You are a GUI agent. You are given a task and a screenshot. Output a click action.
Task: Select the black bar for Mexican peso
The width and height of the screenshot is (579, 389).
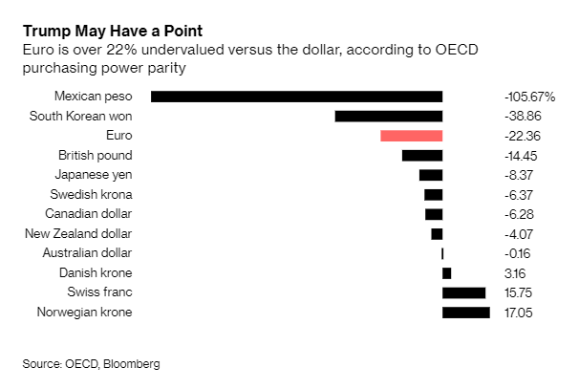tap(296, 97)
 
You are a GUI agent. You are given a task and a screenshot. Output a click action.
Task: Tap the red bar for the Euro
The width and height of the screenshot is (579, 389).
tap(411, 136)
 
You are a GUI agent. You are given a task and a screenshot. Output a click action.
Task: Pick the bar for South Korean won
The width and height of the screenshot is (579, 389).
tap(388, 116)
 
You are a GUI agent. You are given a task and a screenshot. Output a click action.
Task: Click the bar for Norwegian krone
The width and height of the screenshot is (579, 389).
tap(466, 313)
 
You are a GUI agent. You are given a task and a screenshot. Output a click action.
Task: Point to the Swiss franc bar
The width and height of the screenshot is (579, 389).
tap(463, 292)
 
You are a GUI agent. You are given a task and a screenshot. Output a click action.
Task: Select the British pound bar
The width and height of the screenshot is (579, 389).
tap(422, 155)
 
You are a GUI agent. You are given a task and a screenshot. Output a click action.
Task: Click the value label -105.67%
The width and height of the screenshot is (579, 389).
tap(529, 97)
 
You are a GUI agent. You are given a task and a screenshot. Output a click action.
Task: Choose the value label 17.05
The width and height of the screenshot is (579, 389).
tap(520, 313)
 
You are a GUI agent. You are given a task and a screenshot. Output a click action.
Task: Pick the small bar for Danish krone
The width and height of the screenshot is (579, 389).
tap(446, 272)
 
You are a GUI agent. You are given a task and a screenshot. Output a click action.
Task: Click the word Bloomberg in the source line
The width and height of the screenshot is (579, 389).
tap(132, 363)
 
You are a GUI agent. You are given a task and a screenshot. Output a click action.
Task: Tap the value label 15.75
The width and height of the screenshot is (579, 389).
tap(520, 292)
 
